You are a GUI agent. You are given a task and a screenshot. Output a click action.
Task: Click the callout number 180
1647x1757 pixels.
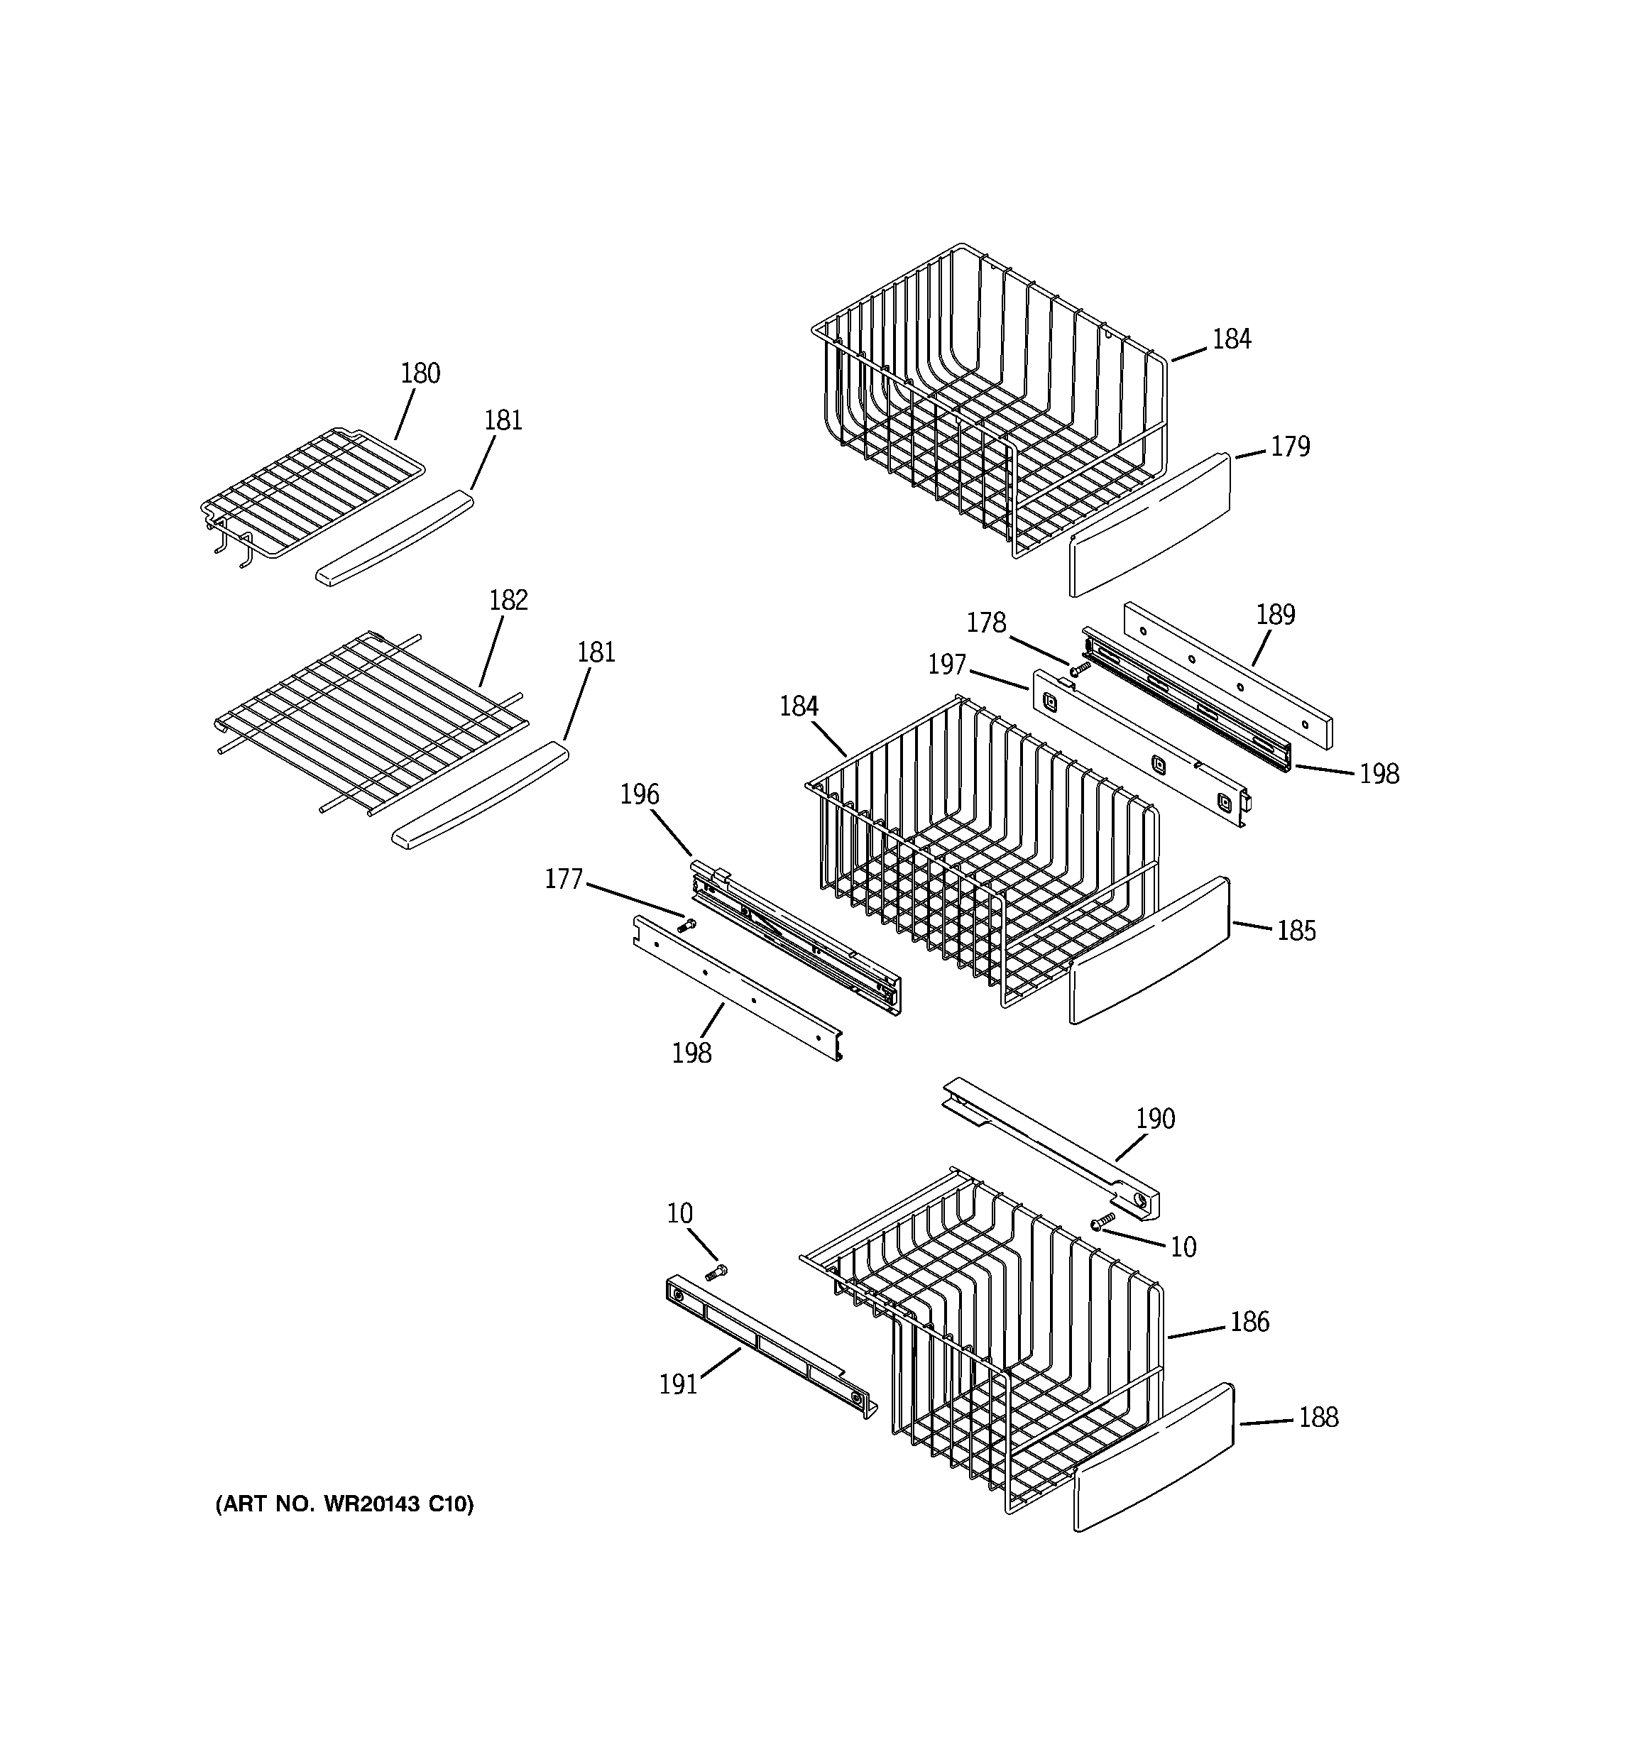pyautogui.click(x=420, y=374)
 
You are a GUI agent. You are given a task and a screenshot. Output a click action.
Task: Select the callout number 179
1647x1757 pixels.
pyautogui.click(x=1290, y=447)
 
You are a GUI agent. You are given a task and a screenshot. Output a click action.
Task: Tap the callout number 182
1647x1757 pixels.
pyautogui.click(x=508, y=601)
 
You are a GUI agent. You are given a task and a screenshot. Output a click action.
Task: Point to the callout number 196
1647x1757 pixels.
pyautogui.click(x=639, y=794)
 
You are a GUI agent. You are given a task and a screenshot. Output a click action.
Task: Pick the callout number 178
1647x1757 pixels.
pyautogui.click(x=986, y=623)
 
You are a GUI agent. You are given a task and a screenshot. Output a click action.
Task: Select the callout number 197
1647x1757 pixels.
pyautogui.click(x=947, y=664)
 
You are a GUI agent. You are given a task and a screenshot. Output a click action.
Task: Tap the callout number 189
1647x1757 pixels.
pyautogui.click(x=1275, y=615)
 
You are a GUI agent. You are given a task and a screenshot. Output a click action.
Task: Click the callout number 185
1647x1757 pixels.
pyautogui.click(x=1296, y=931)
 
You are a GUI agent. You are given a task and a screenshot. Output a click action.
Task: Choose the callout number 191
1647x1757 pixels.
pyautogui.click(x=678, y=1384)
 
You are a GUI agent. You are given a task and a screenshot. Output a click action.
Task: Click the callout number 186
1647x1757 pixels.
pyautogui.click(x=1249, y=1322)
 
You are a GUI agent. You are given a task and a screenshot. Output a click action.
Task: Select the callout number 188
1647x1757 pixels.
pyautogui.click(x=1318, y=1418)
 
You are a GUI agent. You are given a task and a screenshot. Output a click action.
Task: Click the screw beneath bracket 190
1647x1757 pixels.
pyautogui.click(x=1102, y=1222)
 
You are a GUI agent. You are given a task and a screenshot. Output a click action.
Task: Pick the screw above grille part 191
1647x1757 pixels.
pyautogui.click(x=716, y=1273)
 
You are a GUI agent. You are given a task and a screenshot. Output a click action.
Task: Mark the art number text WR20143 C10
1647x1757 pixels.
pyautogui.click(x=345, y=1504)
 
